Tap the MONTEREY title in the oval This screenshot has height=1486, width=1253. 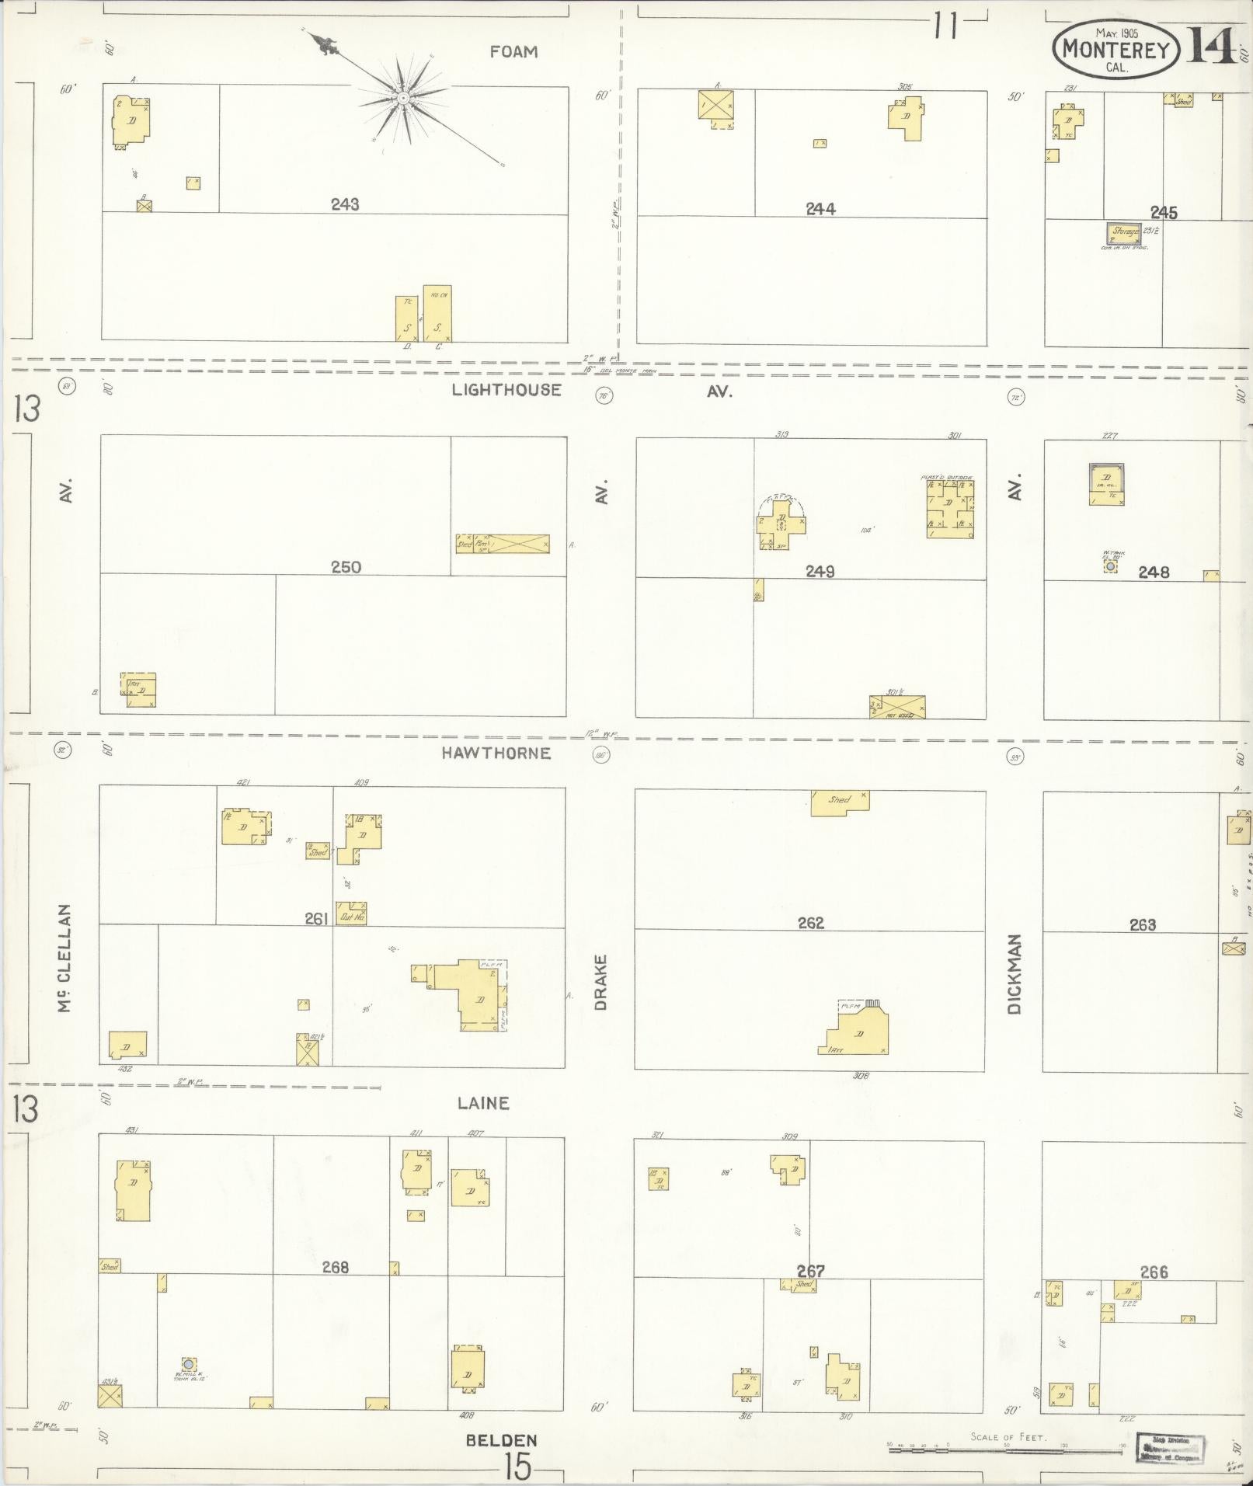coord(1116,50)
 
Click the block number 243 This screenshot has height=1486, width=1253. coord(344,204)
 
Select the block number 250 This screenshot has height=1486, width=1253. coord(346,567)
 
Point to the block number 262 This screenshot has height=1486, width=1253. coord(810,923)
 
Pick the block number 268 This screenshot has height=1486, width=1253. coord(335,1267)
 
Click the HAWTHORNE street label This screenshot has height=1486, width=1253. coord(496,753)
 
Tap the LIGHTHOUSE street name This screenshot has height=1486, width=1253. coord(506,390)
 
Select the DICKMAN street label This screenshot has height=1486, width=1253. coord(1015,974)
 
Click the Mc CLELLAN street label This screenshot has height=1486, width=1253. coord(64,959)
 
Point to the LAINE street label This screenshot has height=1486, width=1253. coord(482,1103)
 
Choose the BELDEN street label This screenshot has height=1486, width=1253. coord(501,1440)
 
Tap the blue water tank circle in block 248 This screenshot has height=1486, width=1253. coord(1111,566)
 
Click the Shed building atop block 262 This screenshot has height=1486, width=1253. coord(840,802)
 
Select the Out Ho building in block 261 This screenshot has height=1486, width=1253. coord(351,914)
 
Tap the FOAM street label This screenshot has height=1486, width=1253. coord(513,52)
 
